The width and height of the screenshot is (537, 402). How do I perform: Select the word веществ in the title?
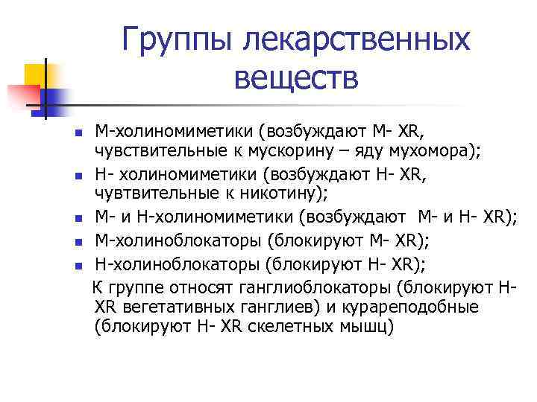(296, 77)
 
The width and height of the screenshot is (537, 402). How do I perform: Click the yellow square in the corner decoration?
(37, 75)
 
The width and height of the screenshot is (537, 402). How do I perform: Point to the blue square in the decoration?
(54, 97)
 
